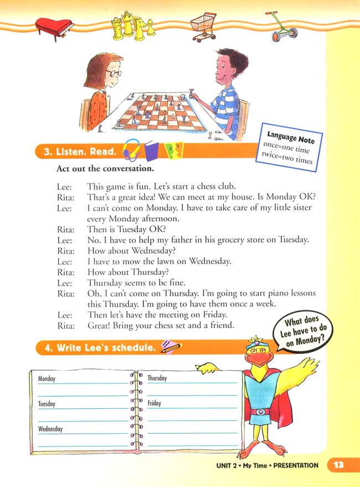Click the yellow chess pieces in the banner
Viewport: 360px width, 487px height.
(131, 24)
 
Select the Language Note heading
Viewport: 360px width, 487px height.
(291, 138)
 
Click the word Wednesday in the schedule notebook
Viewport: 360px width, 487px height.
(50, 429)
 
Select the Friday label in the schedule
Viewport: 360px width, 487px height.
(155, 403)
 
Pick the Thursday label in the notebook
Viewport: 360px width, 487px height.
(157, 378)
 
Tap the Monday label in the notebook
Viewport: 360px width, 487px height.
(47, 379)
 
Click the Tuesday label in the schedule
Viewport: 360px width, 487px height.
(47, 404)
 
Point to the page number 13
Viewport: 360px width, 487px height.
(339, 465)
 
